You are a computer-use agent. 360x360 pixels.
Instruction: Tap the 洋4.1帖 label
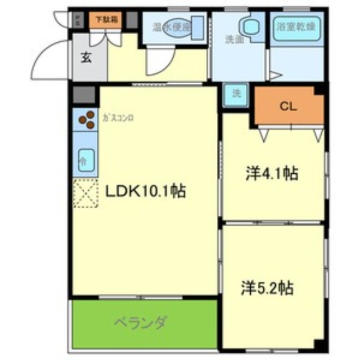(x=272, y=173)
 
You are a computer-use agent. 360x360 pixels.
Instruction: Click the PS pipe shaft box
(x=77, y=20)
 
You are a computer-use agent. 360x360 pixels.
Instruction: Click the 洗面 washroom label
(x=234, y=40)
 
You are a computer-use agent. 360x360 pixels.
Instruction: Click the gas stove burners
(x=87, y=120)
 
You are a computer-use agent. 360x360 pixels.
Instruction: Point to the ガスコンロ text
(x=118, y=118)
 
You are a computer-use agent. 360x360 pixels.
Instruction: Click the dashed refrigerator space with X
(x=85, y=193)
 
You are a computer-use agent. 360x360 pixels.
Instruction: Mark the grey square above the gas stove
(x=84, y=94)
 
